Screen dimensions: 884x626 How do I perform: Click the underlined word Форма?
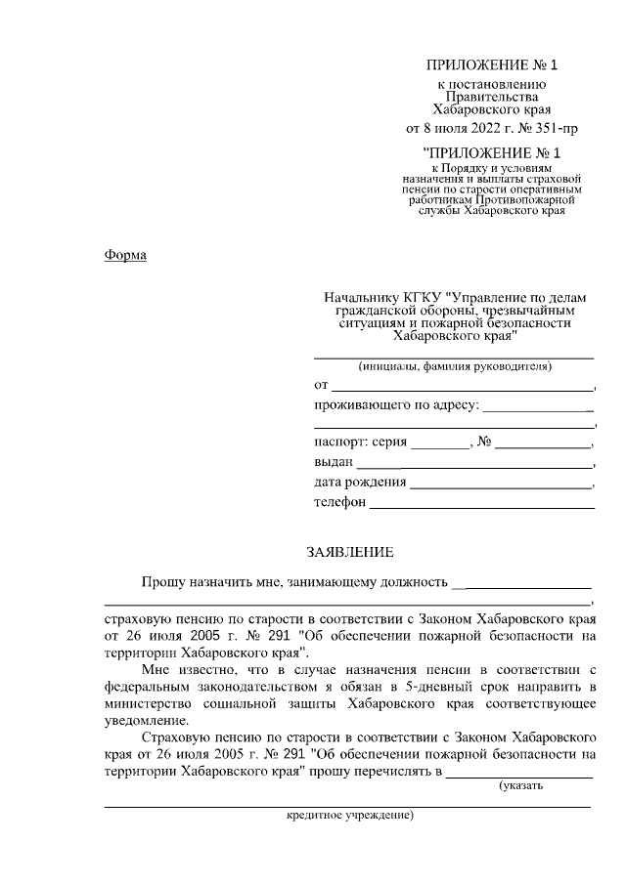(124, 256)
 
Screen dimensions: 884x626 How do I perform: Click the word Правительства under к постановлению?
(492, 98)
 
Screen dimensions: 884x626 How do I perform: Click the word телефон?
(339, 503)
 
